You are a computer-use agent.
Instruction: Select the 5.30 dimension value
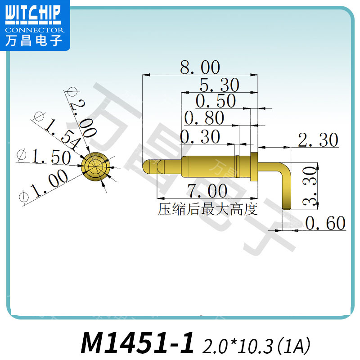pyautogui.click(x=220, y=85)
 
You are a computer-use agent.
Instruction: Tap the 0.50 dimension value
pyautogui.click(x=216, y=101)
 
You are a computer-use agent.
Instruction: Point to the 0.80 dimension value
pyautogui.click(x=204, y=118)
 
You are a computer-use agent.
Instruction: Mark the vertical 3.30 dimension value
pyautogui.click(x=310, y=185)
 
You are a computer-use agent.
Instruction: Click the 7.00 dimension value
pyautogui.click(x=207, y=192)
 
